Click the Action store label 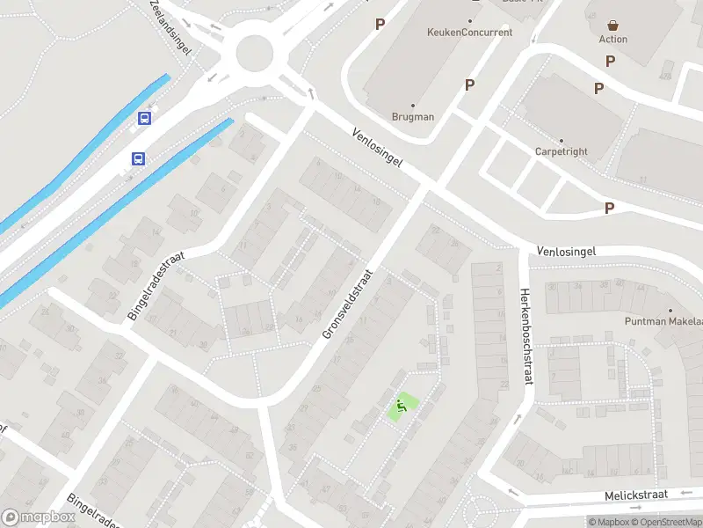(x=613, y=39)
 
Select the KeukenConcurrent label (x=469, y=33)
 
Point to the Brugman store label (x=413, y=116)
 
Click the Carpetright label (x=561, y=151)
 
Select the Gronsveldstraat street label (x=348, y=304)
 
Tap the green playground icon (x=402, y=406)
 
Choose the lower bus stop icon (x=138, y=158)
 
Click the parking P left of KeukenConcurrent (x=380, y=25)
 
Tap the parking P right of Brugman (x=469, y=84)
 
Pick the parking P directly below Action (x=610, y=61)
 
